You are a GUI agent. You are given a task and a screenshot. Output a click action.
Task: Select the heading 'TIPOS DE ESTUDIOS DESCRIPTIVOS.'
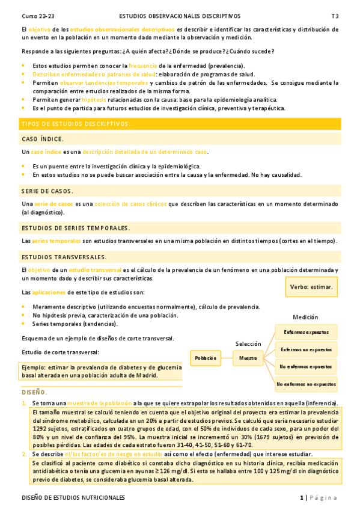tap(76, 124)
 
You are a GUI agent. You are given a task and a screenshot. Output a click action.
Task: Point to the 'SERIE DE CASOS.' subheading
tap(47, 191)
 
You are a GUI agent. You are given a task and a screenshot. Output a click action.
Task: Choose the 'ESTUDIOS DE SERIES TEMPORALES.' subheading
tap(75, 228)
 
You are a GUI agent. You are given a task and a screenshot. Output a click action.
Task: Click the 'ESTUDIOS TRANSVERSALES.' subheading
tap(64, 257)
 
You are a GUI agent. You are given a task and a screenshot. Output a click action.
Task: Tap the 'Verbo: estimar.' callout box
tap(311, 287)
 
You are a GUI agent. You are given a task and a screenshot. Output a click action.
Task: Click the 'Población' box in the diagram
tap(205, 358)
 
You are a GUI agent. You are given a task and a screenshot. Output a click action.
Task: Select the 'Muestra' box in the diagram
tap(248, 358)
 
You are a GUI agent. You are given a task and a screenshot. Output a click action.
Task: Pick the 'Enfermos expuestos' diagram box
tap(307, 331)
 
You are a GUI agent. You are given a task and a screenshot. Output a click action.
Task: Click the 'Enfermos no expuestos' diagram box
tap(307, 349)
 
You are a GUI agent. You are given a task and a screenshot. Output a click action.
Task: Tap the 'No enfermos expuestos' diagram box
tap(307, 366)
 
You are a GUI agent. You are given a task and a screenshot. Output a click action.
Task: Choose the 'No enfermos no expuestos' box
tap(307, 383)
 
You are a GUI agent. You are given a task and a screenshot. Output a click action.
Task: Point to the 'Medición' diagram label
tap(305, 317)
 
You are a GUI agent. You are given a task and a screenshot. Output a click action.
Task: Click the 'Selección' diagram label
tap(248, 343)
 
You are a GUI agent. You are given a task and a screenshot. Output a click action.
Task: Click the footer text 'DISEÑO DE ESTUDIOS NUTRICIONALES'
tap(73, 498)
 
